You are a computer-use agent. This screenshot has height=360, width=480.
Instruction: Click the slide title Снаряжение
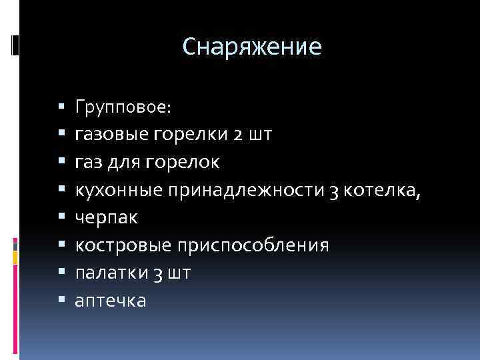click(x=252, y=46)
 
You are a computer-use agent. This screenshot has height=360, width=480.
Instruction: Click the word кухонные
click(x=119, y=190)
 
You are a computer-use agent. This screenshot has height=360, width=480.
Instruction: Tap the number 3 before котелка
click(x=335, y=191)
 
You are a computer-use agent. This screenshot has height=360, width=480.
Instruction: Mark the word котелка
click(x=383, y=190)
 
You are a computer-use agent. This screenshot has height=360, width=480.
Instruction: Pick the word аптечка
click(x=111, y=301)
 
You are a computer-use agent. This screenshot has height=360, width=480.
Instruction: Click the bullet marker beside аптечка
click(x=62, y=301)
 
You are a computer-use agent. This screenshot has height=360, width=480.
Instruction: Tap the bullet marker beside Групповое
click(x=62, y=106)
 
